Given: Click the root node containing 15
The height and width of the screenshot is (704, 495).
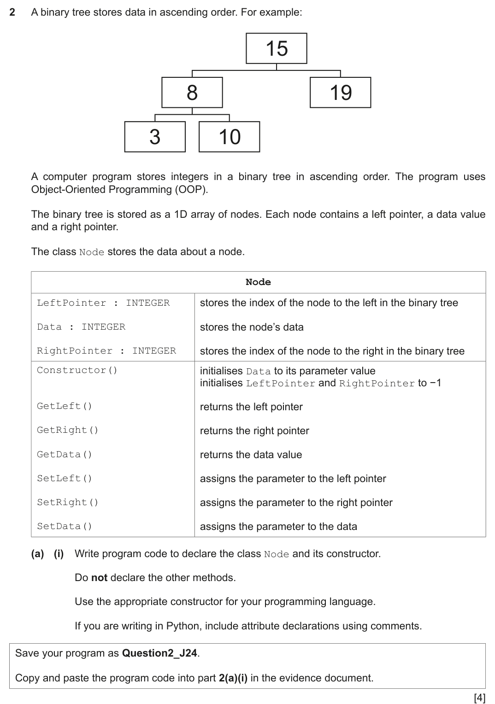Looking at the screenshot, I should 277,48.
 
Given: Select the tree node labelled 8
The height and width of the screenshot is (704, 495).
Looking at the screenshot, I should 192,93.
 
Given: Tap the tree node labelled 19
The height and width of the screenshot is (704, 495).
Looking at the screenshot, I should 340,93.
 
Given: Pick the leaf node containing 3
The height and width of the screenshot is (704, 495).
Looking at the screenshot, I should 155,137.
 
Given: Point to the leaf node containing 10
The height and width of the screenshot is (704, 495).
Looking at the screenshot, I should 229,137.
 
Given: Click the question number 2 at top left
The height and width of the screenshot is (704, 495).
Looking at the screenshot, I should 12,12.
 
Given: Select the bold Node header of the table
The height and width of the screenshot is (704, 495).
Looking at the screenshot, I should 258,282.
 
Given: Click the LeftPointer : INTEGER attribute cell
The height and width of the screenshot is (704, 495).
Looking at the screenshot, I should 103,303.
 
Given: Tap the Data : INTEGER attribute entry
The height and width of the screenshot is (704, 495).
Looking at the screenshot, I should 81,327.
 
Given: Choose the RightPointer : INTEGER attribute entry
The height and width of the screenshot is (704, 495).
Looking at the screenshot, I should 106,351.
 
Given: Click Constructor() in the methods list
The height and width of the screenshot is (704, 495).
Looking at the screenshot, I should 77,370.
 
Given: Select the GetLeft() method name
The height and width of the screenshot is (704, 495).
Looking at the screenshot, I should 65,406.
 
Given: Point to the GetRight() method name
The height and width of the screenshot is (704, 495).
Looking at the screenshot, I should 68,430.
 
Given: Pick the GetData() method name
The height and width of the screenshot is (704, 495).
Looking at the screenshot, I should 65,454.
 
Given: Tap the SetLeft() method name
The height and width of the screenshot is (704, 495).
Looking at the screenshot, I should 65,478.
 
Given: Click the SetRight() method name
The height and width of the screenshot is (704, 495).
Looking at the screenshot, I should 68,502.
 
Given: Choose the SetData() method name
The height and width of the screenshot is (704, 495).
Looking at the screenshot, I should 65,526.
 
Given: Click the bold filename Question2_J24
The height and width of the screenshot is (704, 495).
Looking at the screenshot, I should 159,653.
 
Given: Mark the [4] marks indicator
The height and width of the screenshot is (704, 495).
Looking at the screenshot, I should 479,698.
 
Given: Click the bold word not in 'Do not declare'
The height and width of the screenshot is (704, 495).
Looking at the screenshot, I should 99,578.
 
